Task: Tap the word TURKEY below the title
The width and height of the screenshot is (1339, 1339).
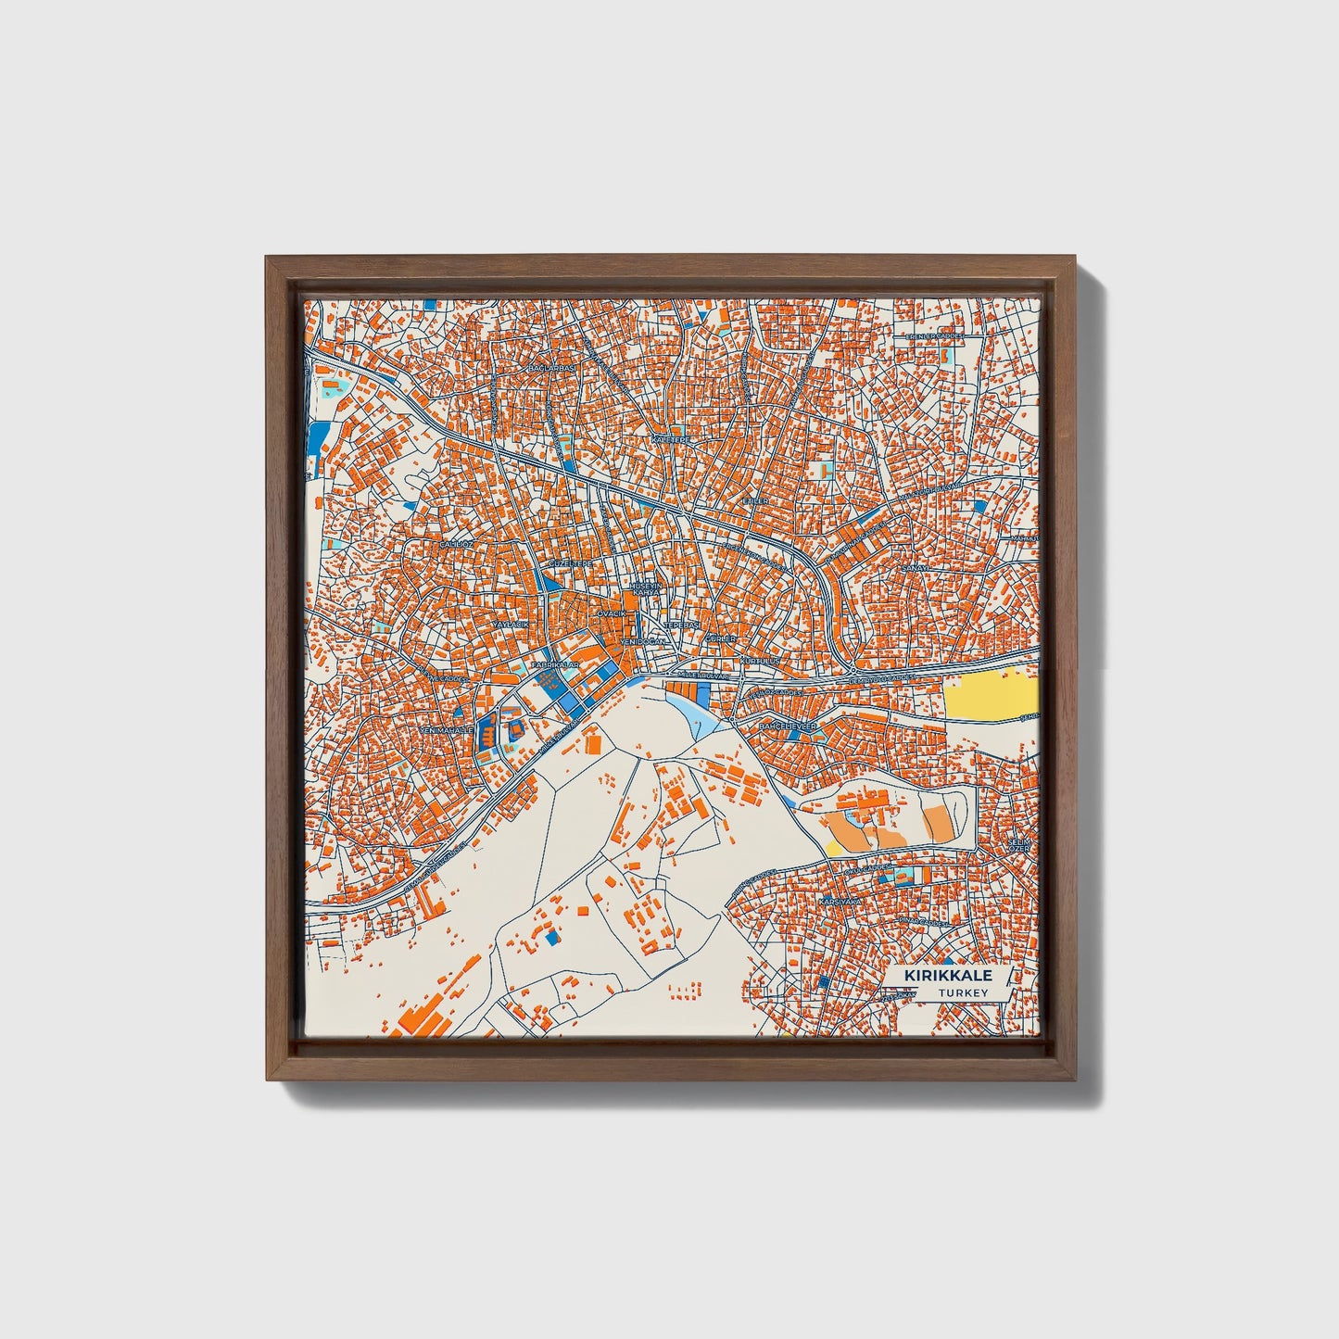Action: [x=962, y=992]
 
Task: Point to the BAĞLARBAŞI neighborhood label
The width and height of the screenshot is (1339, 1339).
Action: [x=551, y=368]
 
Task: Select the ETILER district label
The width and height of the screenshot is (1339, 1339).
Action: [x=755, y=500]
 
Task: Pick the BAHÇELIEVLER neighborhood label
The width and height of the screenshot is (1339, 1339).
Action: [x=788, y=726]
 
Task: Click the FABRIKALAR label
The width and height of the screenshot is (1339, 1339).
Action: [x=555, y=665]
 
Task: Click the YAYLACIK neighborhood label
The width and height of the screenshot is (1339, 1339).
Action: [x=509, y=625]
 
